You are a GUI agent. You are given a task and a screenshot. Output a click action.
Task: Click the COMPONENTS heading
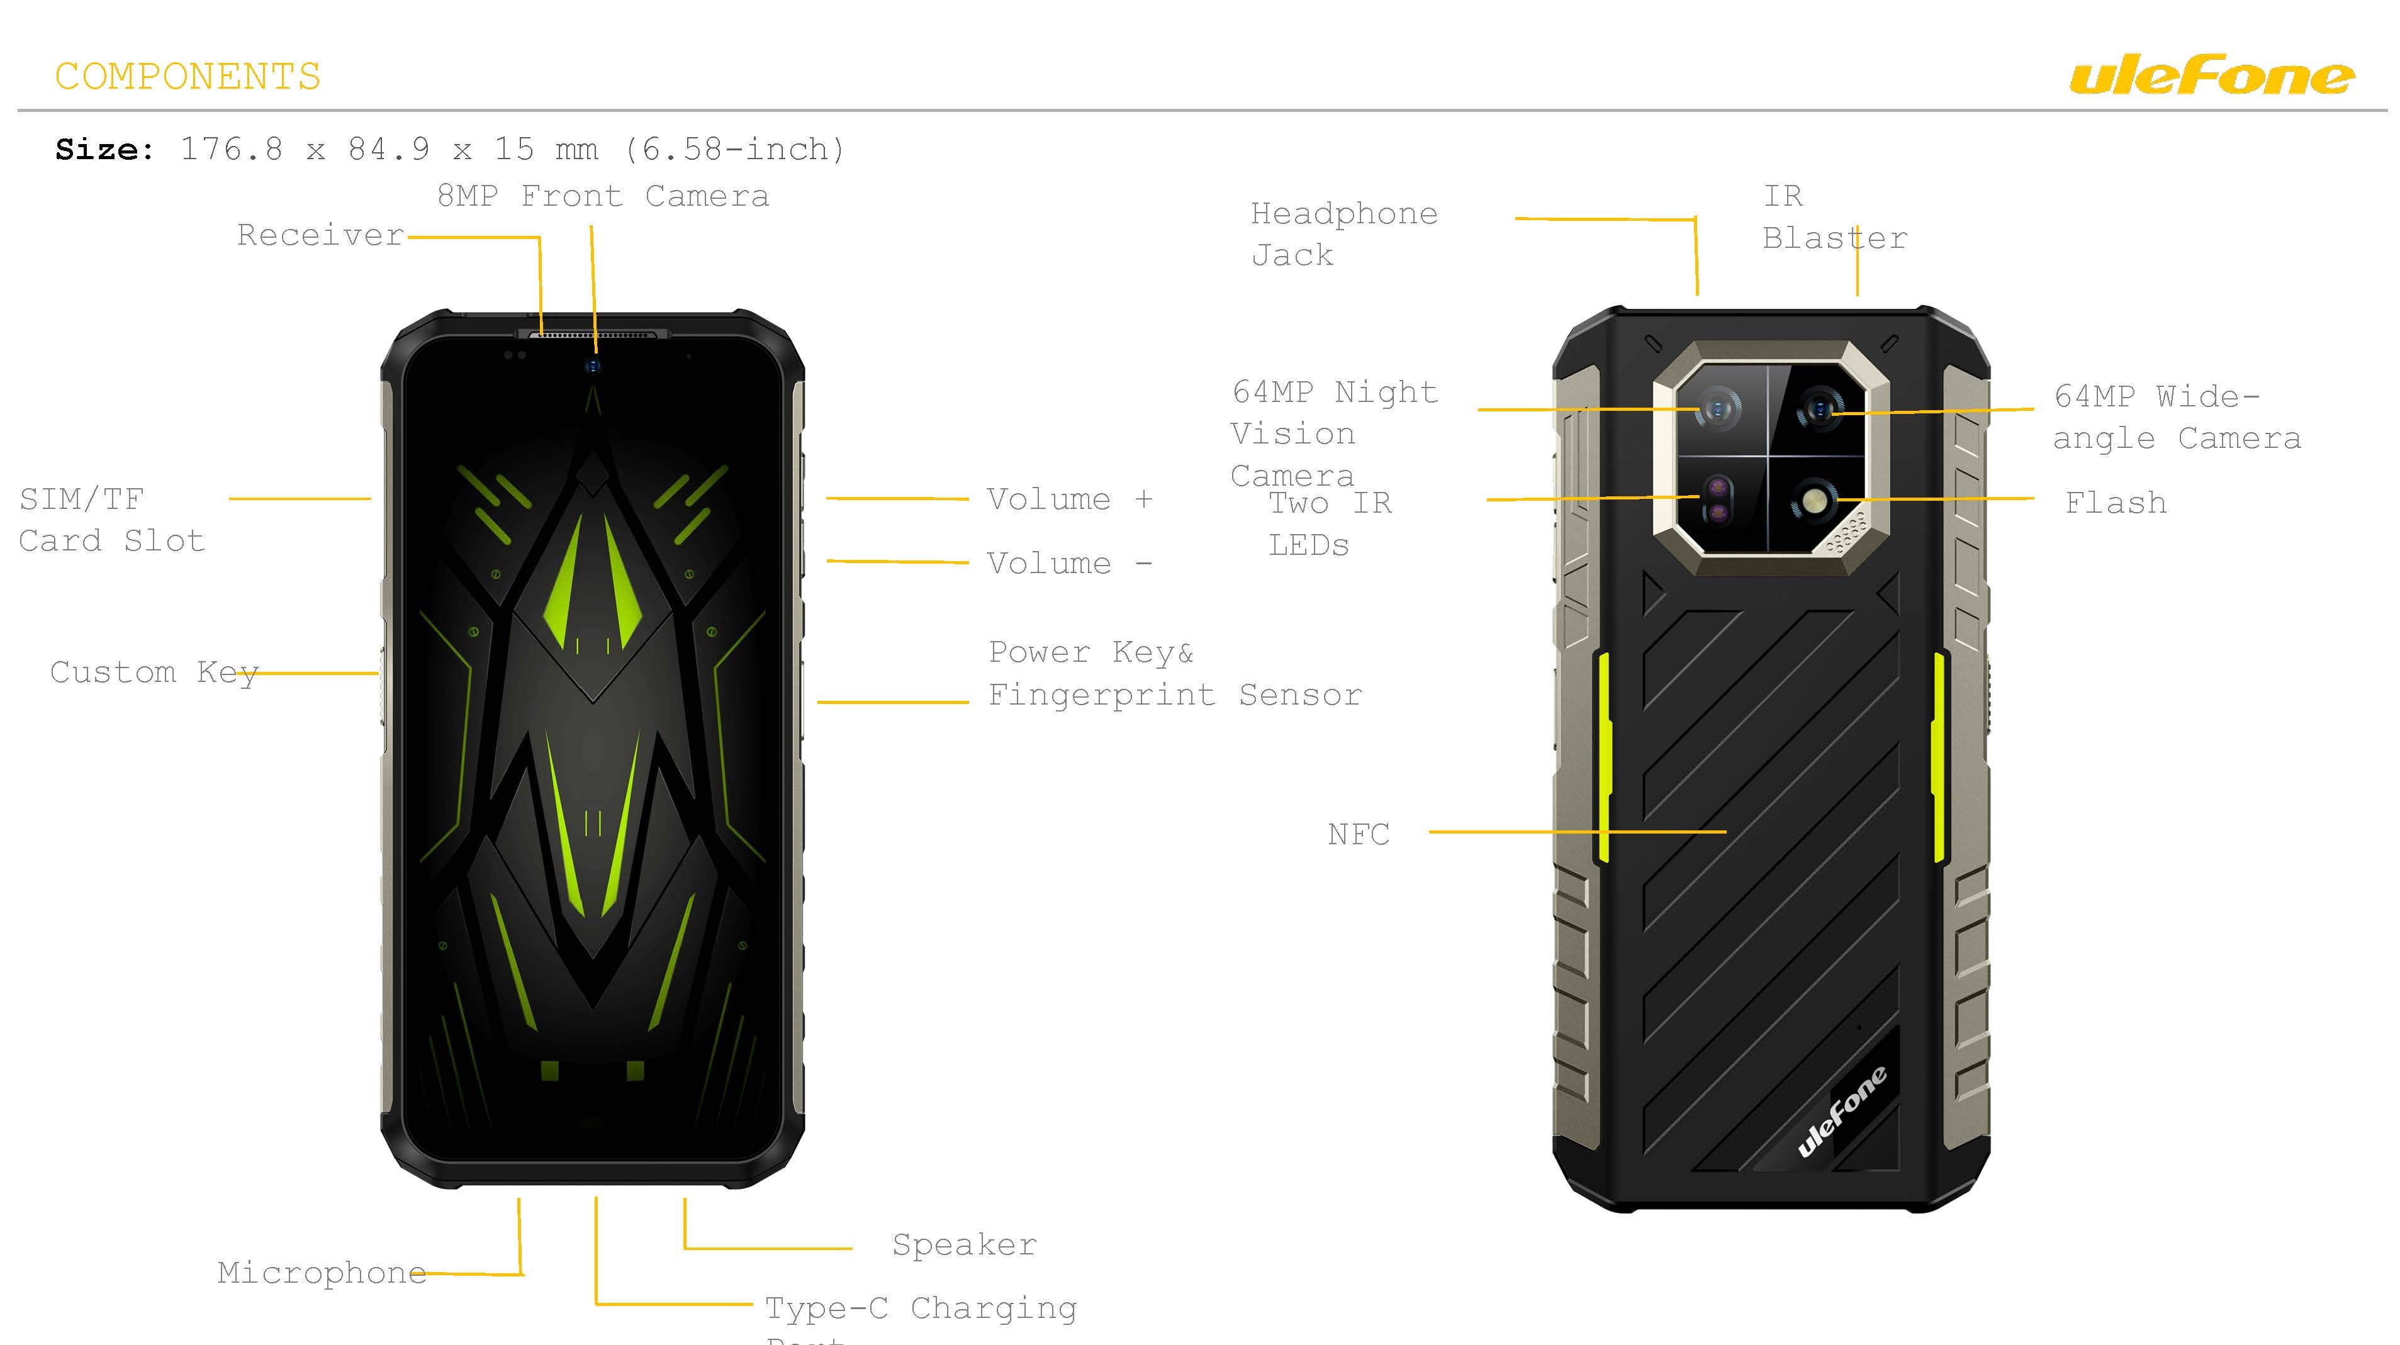click(x=188, y=76)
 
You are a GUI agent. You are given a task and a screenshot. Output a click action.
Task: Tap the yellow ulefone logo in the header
click(x=2211, y=76)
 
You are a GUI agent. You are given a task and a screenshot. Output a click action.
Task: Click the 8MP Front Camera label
click(x=603, y=196)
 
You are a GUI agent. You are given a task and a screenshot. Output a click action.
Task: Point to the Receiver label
click(x=320, y=236)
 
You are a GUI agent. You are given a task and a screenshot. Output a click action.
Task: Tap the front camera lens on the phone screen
click(x=593, y=365)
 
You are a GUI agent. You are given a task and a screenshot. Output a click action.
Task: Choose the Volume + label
click(x=1068, y=500)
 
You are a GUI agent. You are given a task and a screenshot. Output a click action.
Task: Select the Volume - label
click(x=1068, y=564)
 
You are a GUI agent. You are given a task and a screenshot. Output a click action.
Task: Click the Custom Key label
click(x=154, y=672)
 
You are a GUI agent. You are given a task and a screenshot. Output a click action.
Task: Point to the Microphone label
click(x=322, y=1273)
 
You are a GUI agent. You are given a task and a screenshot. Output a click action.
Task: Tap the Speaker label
click(x=963, y=1246)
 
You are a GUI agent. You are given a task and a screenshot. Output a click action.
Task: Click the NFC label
click(x=1357, y=835)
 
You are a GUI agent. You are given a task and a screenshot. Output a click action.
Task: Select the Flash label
click(x=2115, y=504)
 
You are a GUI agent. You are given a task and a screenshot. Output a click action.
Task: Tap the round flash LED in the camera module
click(x=1813, y=502)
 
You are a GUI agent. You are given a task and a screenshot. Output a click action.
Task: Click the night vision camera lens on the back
click(x=1718, y=409)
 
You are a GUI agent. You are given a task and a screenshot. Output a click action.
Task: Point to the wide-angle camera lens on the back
click(x=1819, y=409)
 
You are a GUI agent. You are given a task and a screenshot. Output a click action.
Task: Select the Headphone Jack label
click(x=1343, y=234)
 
